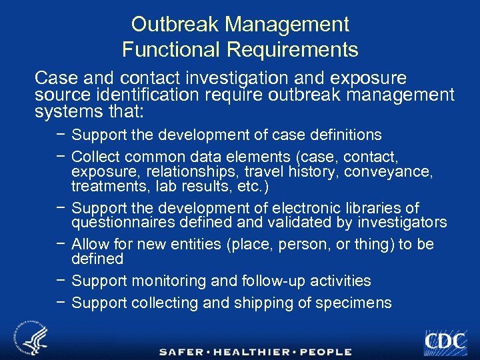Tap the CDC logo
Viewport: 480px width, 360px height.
point(445,341)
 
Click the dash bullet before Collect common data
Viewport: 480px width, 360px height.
point(61,157)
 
